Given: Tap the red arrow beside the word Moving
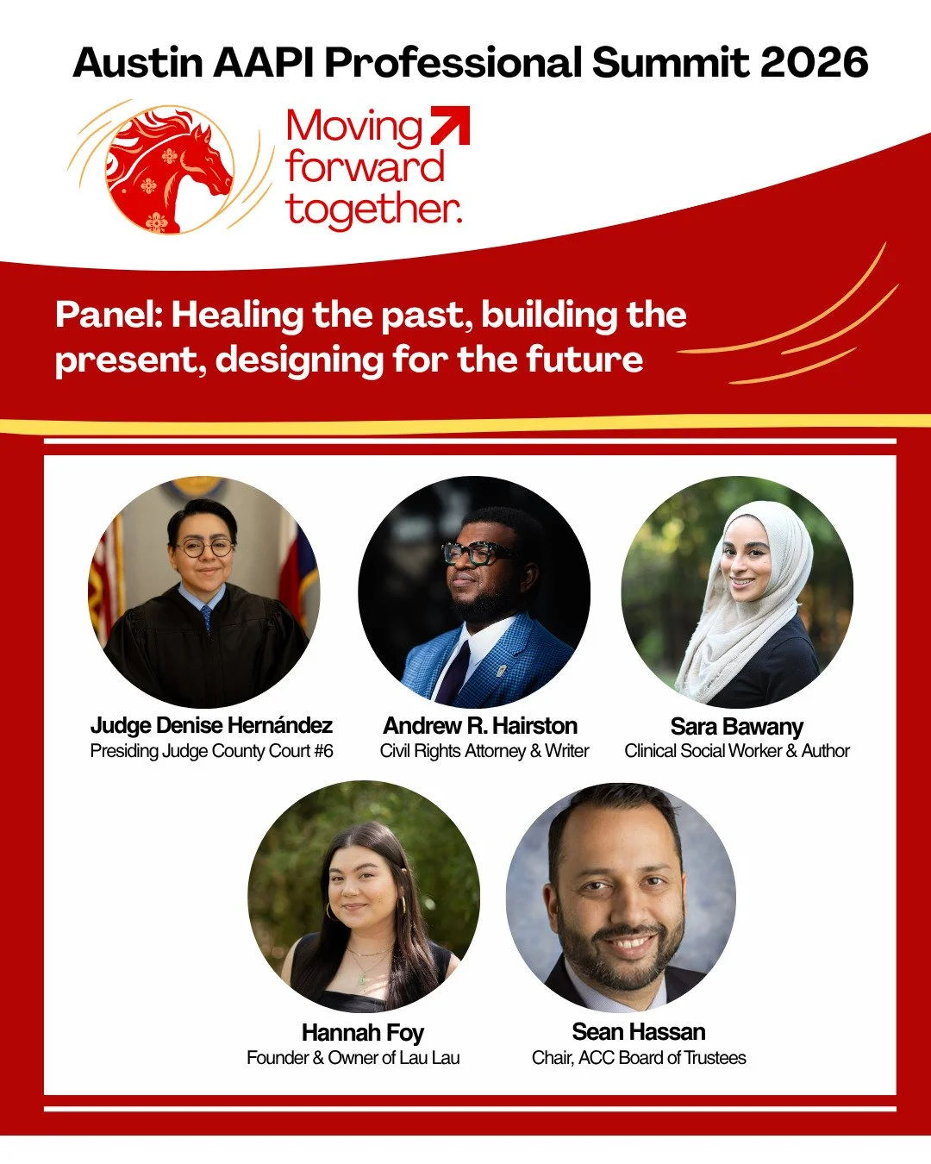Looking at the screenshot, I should tap(450, 125).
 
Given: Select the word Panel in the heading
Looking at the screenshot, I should tap(109, 316).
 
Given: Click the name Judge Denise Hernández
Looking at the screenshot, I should tap(211, 725).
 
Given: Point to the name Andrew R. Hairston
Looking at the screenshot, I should tap(480, 725).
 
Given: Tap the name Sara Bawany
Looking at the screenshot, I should tap(737, 726).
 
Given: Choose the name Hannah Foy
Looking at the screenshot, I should tap(363, 1032).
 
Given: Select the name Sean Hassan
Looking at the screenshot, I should tap(639, 1031).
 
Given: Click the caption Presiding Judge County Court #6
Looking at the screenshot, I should tap(211, 751).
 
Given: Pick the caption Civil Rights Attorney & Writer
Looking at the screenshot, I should tap(484, 751).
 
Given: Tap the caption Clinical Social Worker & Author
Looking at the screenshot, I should tap(737, 751).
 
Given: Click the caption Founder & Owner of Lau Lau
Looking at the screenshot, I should tap(353, 1058).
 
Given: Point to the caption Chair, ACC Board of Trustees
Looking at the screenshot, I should tap(639, 1058).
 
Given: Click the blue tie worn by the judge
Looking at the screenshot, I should tap(207, 618).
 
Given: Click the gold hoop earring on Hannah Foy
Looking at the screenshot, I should tap(402, 906).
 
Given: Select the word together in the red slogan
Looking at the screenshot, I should tap(372, 210).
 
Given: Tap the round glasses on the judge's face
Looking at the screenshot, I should tap(205, 548).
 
